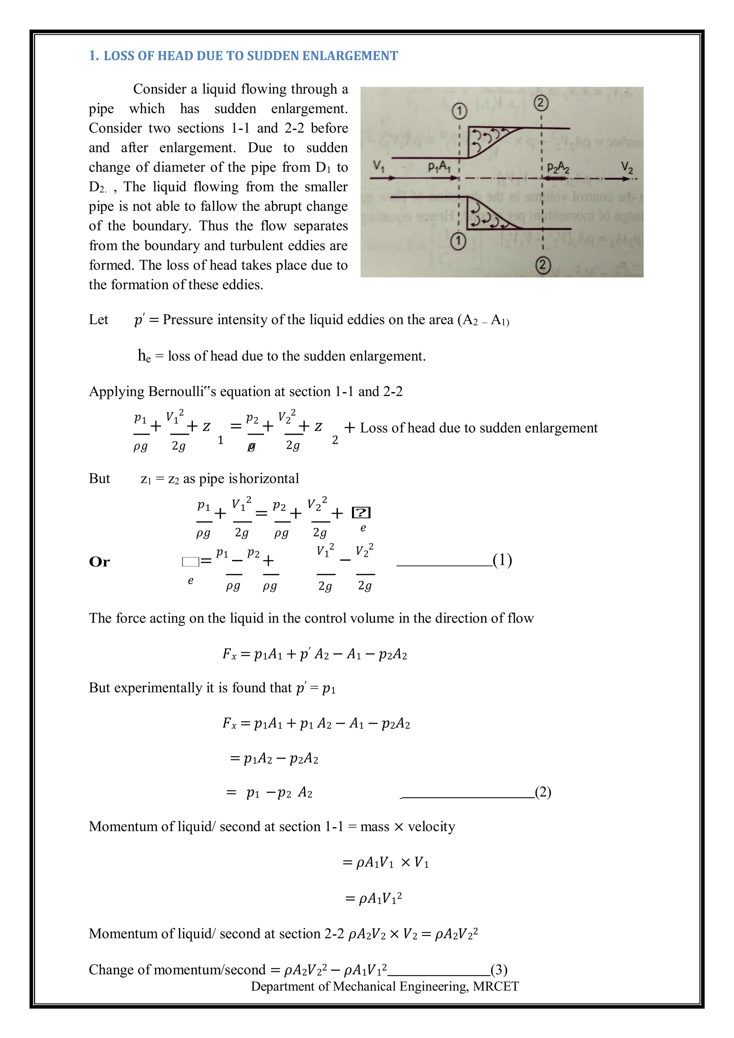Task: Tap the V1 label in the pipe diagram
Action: tap(379, 167)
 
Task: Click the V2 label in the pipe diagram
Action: tap(627, 168)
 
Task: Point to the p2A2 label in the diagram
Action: tap(558, 168)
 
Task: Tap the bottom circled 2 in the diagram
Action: tap(543, 265)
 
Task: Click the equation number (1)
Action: tap(502, 560)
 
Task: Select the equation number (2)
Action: tap(543, 792)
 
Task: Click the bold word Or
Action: tap(99, 562)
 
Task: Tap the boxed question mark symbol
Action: tap(361, 513)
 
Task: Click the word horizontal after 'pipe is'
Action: tap(270, 478)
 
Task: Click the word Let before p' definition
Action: tap(99, 320)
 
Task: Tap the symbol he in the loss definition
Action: tap(144, 356)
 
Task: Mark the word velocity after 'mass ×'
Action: tap(431, 827)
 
